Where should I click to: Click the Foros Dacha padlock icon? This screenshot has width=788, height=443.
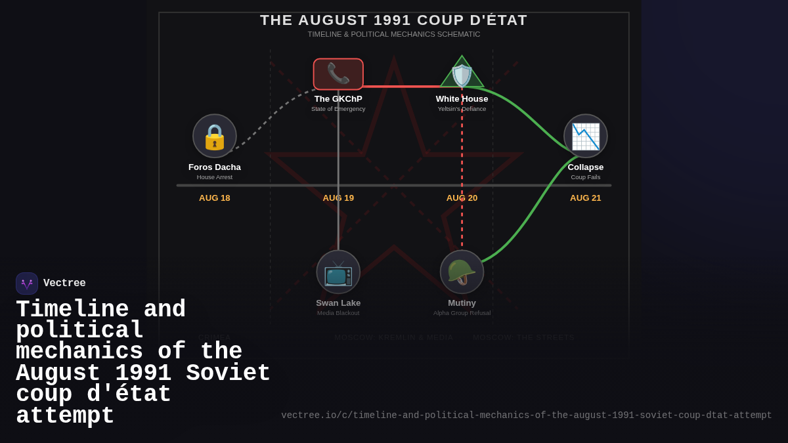pyautogui.click(x=215, y=136)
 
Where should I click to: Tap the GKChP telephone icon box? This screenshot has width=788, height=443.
pyautogui.click(x=338, y=74)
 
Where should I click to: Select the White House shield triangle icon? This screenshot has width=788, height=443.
pyautogui.click(x=462, y=74)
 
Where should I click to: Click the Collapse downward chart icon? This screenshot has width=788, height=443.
pyautogui.click(x=585, y=136)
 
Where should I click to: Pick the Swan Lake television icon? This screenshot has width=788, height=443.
pyautogui.click(x=338, y=272)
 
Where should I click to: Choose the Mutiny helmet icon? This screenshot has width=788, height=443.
pyautogui.click(x=462, y=272)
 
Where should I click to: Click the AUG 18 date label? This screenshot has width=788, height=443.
pyautogui.click(x=215, y=198)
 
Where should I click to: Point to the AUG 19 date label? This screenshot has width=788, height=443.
pyautogui.click(x=338, y=198)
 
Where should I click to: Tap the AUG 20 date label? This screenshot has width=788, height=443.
pyautogui.click(x=462, y=198)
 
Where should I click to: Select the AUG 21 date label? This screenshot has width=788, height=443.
pyautogui.click(x=585, y=198)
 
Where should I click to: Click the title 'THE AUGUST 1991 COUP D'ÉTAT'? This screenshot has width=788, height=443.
pyautogui.click(x=393, y=20)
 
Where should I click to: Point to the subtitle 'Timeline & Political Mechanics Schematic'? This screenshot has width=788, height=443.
pyautogui.click(x=393, y=34)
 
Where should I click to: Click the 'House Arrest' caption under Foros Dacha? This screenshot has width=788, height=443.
pyautogui.click(x=215, y=177)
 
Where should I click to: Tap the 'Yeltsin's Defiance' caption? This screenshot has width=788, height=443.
pyautogui.click(x=462, y=109)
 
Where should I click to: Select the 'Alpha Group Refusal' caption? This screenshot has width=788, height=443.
pyautogui.click(x=462, y=313)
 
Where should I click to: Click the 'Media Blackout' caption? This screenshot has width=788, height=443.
pyautogui.click(x=338, y=313)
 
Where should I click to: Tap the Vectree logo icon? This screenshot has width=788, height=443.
pyautogui.click(x=27, y=284)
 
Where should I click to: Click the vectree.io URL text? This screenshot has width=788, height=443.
pyautogui.click(x=526, y=415)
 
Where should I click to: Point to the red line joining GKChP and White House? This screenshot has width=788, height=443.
pyautogui.click(x=401, y=86)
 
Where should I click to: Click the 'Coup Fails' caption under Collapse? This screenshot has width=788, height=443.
pyautogui.click(x=585, y=177)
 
